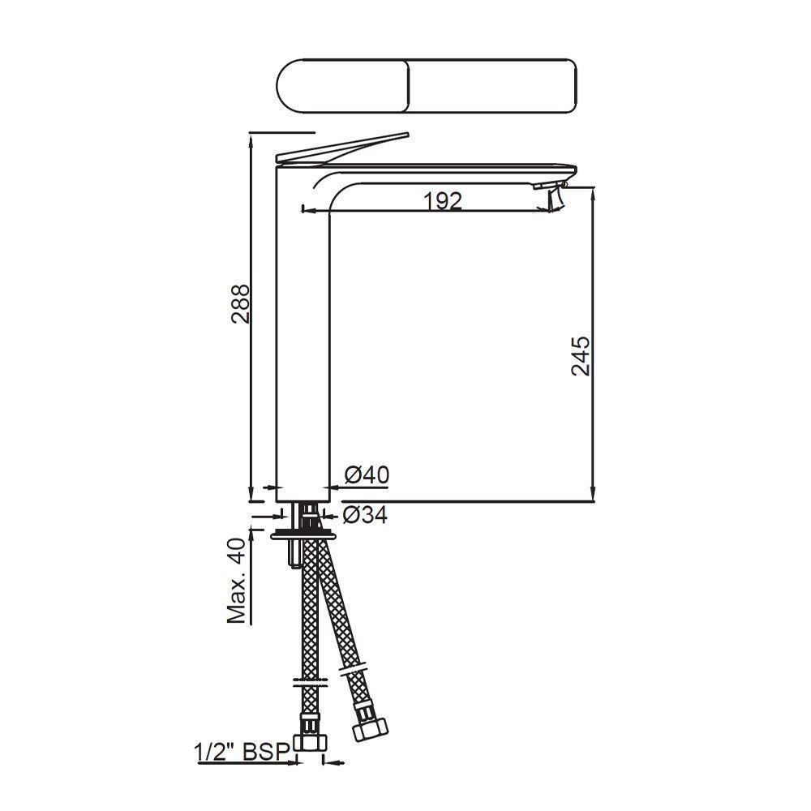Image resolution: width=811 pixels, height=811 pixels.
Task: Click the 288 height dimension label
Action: (x=241, y=304)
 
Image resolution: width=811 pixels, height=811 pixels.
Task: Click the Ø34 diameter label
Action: (x=364, y=514)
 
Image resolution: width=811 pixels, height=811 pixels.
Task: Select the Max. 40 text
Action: (x=236, y=580)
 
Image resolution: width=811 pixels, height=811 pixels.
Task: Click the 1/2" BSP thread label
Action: (x=242, y=752)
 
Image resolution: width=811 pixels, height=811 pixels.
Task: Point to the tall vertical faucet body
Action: (x=303, y=341)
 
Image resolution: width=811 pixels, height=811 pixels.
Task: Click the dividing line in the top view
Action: (x=408, y=86)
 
